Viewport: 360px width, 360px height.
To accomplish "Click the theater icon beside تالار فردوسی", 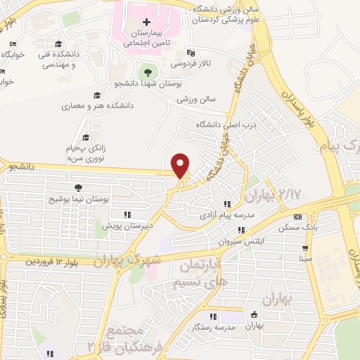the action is (190, 52).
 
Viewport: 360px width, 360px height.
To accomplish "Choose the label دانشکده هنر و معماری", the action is (98, 106).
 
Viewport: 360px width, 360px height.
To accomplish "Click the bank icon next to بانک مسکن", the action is (297, 217).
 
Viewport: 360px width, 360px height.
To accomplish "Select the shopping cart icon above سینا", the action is (304, 248).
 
